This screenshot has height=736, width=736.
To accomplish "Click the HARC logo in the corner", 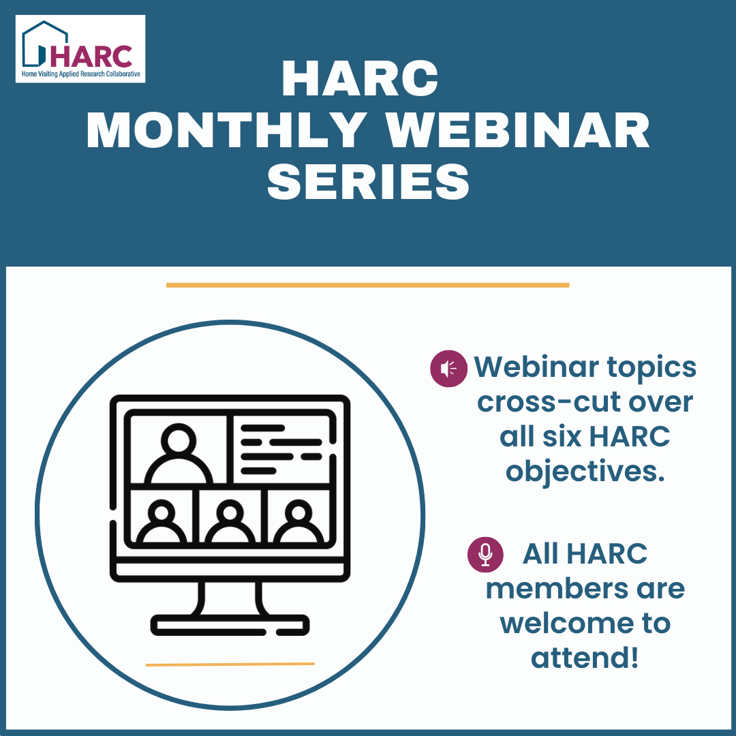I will (80, 48).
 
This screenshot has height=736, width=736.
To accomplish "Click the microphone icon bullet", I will (485, 554).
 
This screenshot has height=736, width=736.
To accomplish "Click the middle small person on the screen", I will (230, 521).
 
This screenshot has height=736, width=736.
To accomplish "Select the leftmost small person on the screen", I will (162, 521).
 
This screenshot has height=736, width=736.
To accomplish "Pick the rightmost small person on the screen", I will (298, 521).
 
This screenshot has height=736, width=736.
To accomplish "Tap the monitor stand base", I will (230, 624).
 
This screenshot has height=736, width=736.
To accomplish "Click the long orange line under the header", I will (367, 285).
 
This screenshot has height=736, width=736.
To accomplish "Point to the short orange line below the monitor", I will (230, 664).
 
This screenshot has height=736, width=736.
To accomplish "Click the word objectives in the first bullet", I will (585, 472).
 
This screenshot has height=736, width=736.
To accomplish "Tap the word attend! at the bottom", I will (585, 658).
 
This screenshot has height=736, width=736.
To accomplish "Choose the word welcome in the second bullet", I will (585, 624).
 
